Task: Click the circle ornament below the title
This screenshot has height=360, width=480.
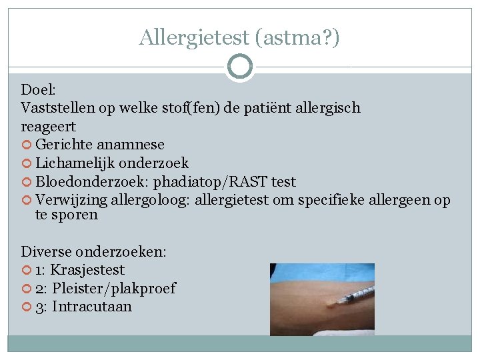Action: point(240,67)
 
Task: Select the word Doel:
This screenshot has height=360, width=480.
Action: point(39,89)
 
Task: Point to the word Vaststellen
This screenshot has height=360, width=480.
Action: point(57,107)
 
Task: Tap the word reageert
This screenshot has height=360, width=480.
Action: point(49,126)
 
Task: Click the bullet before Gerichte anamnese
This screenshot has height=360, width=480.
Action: point(27,145)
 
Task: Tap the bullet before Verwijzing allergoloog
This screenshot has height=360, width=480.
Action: point(27,201)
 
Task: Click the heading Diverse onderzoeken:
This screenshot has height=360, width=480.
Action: point(94,251)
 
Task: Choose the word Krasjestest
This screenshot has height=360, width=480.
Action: point(87,270)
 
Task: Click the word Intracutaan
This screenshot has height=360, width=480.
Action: point(92,307)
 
